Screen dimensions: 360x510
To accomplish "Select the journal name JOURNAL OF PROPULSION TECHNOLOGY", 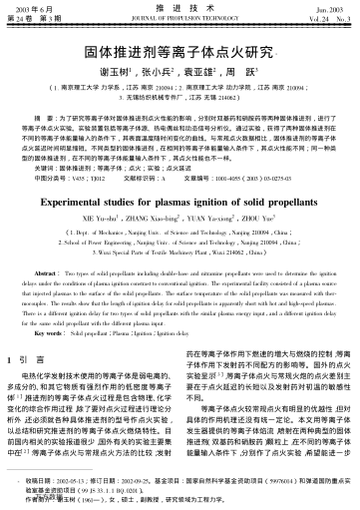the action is coord(180,18).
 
